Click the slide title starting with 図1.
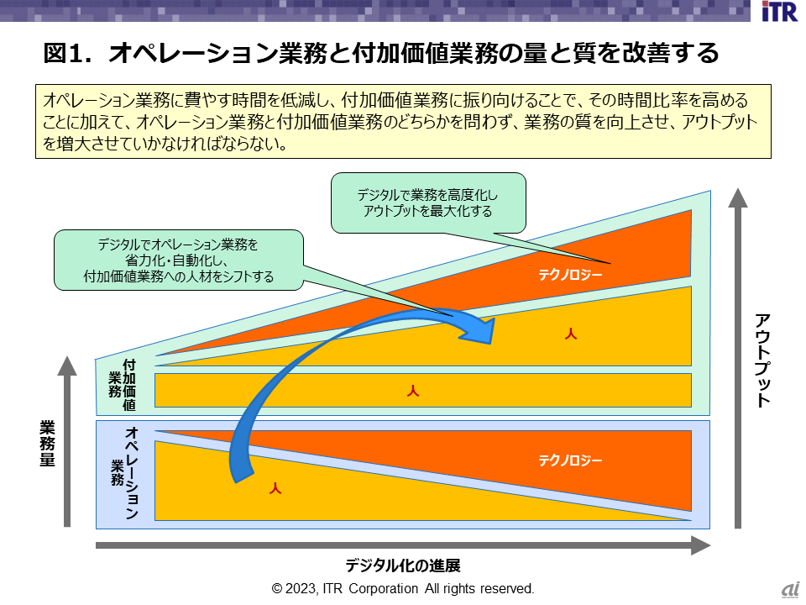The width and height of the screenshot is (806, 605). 381,54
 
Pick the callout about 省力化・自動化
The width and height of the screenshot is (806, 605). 179,260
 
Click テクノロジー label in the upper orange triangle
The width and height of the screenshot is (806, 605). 571,275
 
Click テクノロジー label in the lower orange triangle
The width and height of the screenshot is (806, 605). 571,460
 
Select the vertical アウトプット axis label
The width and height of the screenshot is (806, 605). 762,359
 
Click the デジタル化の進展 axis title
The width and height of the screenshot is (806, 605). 403,565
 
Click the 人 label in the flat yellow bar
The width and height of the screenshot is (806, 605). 412,391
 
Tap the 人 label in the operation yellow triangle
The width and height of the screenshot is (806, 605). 274,488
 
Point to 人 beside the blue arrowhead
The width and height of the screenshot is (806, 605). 571,334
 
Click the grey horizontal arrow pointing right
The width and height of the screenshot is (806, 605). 403,546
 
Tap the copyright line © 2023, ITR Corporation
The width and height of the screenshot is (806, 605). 403,588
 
